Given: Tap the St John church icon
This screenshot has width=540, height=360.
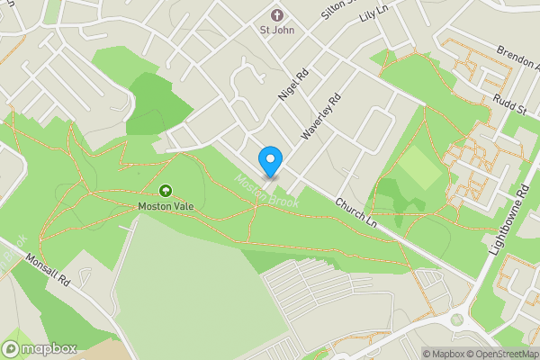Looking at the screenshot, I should (276, 14).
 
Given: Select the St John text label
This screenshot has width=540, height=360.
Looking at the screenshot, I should (276, 30).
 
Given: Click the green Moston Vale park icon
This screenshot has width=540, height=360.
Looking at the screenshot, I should (166, 190).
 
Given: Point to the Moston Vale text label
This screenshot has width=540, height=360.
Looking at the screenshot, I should (166, 206).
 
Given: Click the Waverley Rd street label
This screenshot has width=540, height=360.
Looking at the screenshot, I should (322, 117).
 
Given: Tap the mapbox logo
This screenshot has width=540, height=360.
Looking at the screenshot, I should (40, 348).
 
